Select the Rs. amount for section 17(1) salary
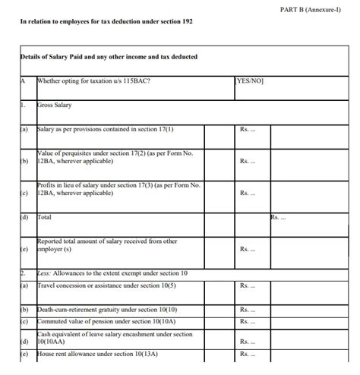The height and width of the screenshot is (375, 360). coord(248,130)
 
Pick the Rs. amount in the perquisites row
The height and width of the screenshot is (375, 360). coord(248,161)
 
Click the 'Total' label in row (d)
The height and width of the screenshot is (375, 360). coord(46,217)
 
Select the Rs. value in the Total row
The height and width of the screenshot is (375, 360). coord(278,218)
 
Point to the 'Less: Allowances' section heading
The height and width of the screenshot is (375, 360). coord(112,273)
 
